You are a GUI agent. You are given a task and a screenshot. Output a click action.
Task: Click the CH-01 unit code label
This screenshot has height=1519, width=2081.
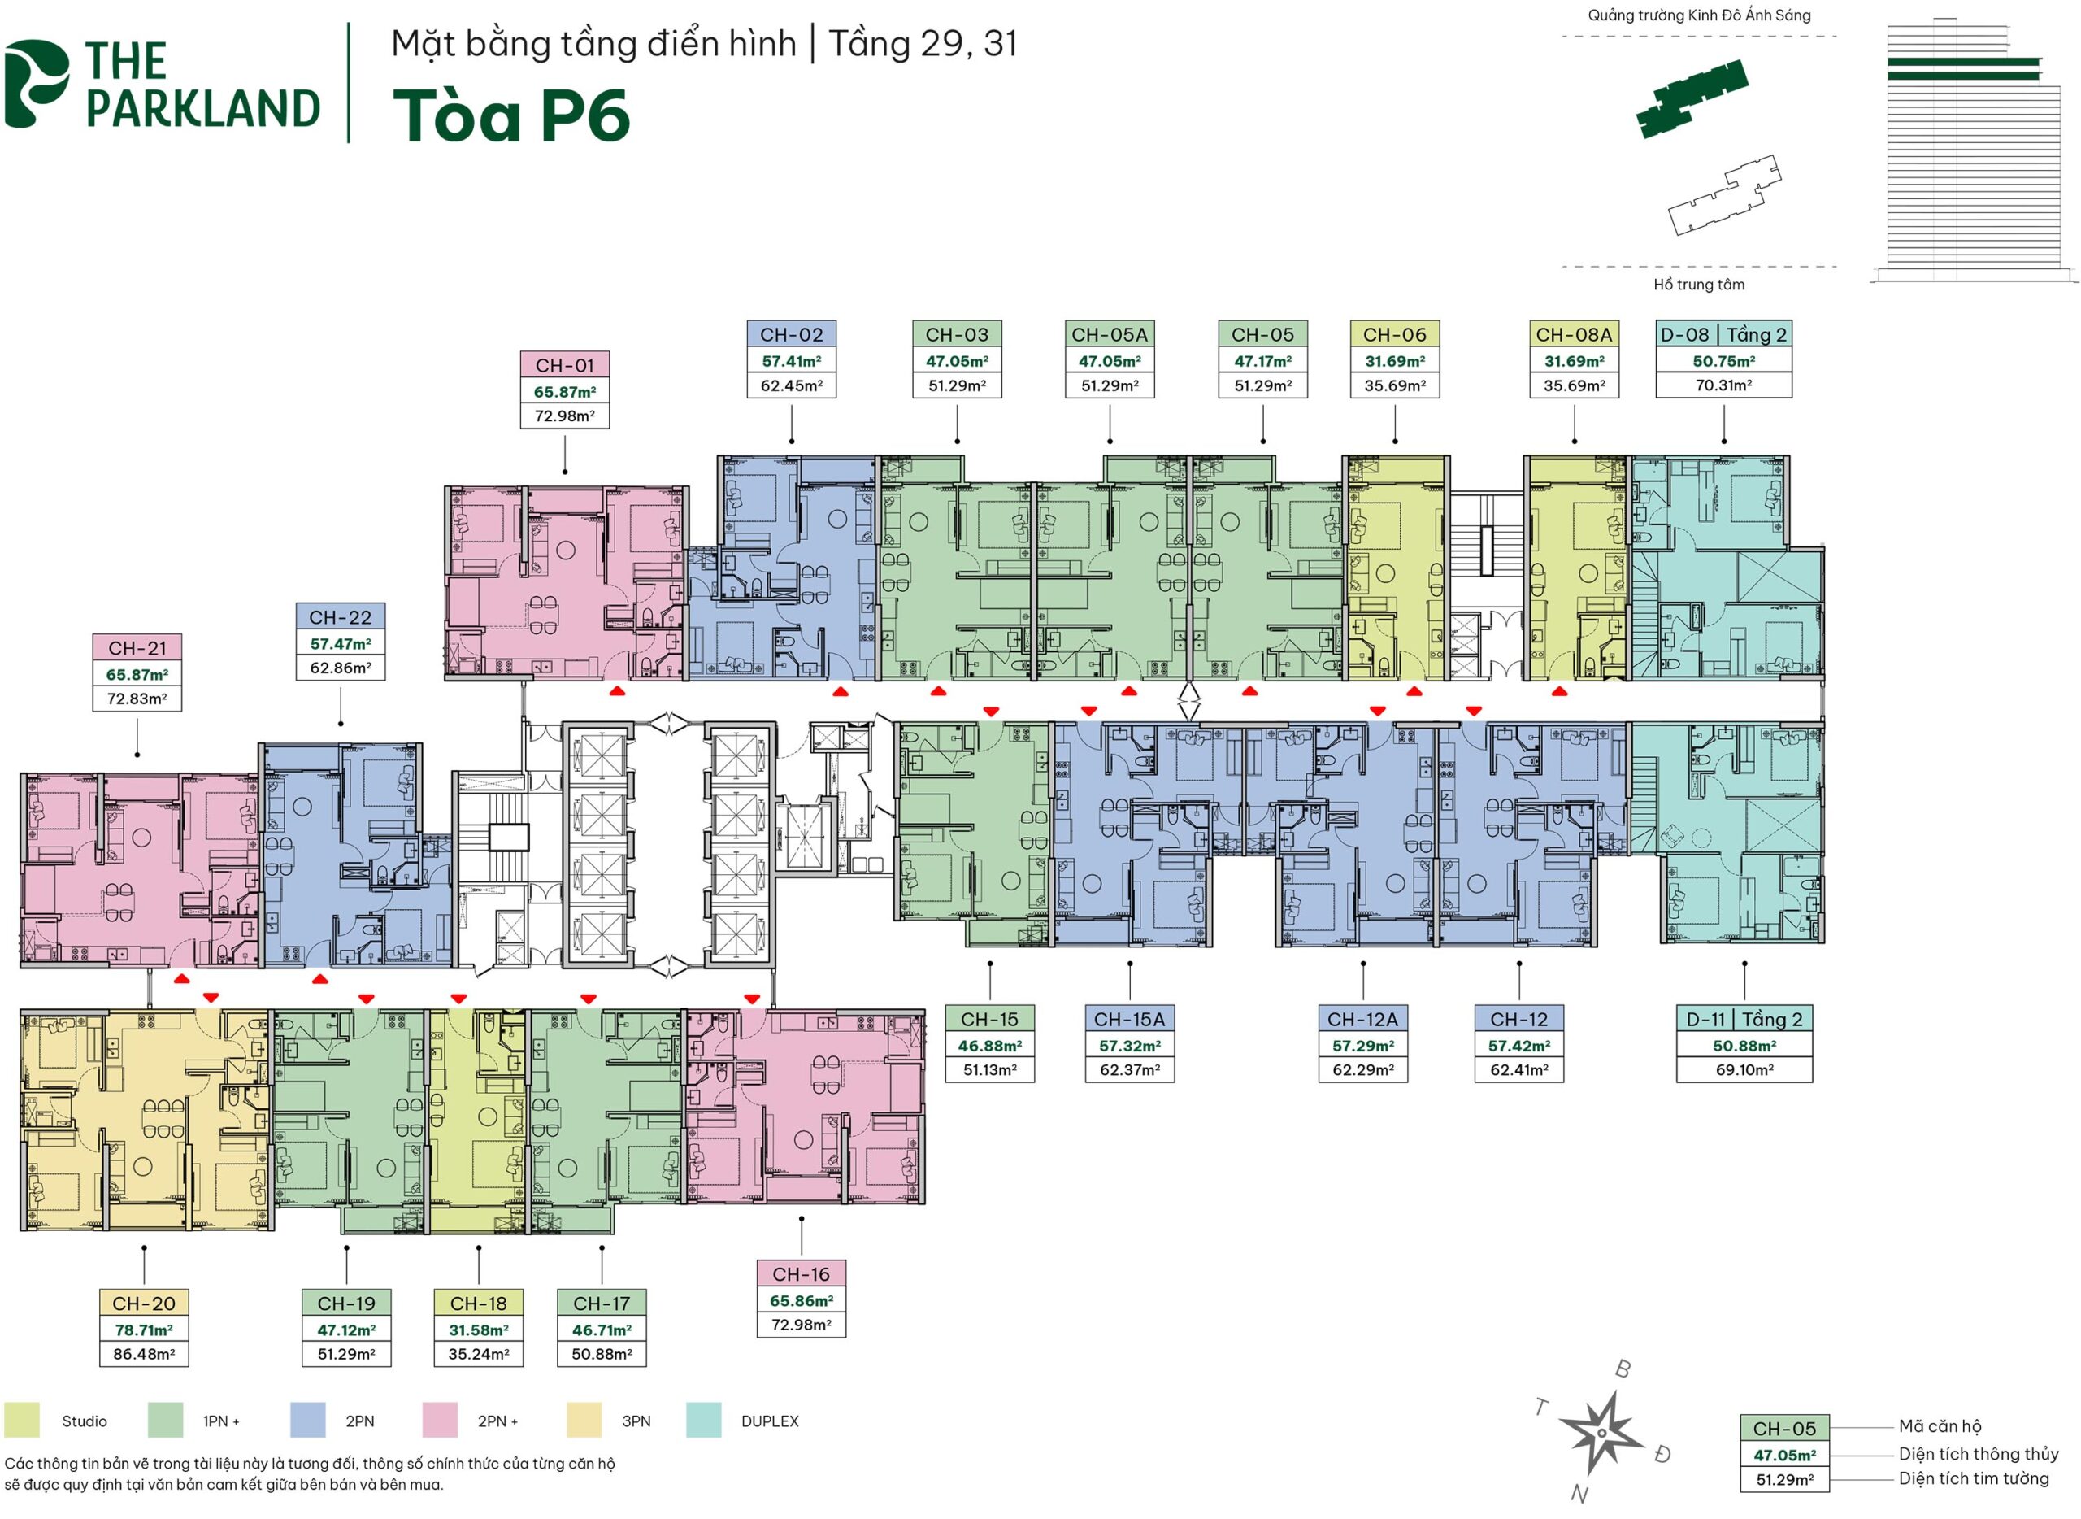[564, 365]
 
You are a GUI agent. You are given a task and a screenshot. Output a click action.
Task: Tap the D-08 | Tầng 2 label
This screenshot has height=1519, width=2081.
[1723, 335]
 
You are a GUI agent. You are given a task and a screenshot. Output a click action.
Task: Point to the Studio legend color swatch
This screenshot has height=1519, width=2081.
[22, 1421]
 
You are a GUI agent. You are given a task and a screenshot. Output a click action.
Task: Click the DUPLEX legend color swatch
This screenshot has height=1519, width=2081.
[703, 1421]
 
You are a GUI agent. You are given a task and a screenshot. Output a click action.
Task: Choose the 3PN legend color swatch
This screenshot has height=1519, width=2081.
[584, 1421]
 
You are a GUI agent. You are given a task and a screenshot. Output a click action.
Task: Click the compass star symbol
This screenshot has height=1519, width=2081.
[1601, 1433]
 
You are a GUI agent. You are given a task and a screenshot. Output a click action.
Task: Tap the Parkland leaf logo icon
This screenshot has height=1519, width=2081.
[37, 84]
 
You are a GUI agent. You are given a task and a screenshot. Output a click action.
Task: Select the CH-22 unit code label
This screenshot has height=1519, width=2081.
[340, 617]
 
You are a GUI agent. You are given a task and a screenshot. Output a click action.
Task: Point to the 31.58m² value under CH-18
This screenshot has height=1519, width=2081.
[478, 1330]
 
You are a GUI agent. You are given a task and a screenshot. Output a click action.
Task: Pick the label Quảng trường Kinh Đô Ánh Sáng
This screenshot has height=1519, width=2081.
[1699, 15]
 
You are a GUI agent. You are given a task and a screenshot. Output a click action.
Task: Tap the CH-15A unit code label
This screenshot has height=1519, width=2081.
[1129, 1019]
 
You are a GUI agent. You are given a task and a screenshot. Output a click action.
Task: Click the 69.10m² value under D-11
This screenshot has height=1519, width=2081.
[1744, 1069]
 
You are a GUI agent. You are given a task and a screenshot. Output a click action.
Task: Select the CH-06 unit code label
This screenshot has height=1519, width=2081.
[1394, 335]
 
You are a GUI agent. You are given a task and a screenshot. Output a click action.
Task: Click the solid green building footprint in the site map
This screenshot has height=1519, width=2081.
[1692, 98]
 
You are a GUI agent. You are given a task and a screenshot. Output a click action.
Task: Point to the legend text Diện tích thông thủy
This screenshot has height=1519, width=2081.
[1978, 1454]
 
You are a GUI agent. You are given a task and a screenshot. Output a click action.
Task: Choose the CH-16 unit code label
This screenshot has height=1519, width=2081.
[801, 1274]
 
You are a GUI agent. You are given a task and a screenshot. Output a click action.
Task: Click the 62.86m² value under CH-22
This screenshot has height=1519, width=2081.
[340, 668]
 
